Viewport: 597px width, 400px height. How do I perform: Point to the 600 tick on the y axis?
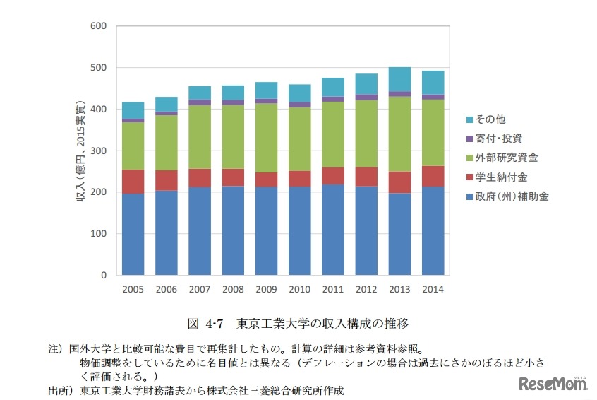pos(98,26)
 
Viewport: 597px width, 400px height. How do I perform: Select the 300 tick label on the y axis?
pos(98,151)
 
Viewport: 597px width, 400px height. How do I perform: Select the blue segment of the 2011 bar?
pos(333,229)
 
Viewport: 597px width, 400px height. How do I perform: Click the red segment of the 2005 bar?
pos(133,182)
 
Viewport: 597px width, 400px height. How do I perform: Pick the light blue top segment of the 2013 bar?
pos(399,79)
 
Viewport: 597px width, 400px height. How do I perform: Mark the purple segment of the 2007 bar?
pos(200,102)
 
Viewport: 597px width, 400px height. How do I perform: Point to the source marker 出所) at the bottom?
pos(59,389)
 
